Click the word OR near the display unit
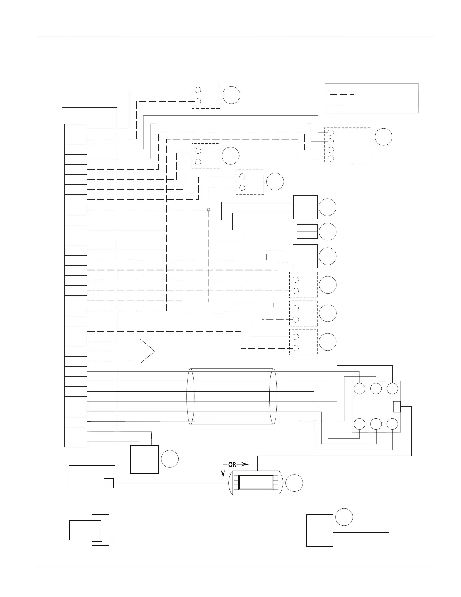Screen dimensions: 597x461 pos(232,465)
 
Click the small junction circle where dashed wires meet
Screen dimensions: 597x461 pos(208,210)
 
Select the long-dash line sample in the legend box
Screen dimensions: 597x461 pos(342,94)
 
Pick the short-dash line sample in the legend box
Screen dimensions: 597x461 pos(342,104)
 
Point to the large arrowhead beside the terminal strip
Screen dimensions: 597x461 pos(148,351)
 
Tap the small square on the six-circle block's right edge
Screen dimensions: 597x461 pos(397,407)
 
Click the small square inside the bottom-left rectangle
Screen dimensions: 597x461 pos(108,483)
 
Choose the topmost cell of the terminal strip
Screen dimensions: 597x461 pos(76,129)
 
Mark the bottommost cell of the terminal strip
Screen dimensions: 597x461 pos(76,442)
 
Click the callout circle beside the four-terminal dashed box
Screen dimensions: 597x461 pos(383,137)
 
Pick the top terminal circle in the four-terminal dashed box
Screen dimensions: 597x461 pos(331,133)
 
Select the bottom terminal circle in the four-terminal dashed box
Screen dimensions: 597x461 pos(331,158)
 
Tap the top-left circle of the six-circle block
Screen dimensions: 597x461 pos(360,389)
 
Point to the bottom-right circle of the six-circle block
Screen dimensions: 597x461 pos(393,424)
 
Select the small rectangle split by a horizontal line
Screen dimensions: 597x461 pos(307,231)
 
